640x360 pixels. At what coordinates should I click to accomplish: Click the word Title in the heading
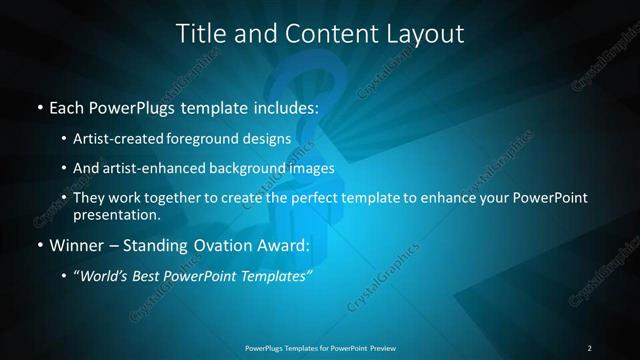click(x=200, y=34)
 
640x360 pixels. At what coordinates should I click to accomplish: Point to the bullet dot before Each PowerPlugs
click(x=39, y=106)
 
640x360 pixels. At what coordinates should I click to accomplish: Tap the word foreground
click(x=217, y=139)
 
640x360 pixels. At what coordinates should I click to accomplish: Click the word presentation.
click(x=116, y=214)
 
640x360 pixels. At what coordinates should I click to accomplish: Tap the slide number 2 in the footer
click(x=590, y=348)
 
